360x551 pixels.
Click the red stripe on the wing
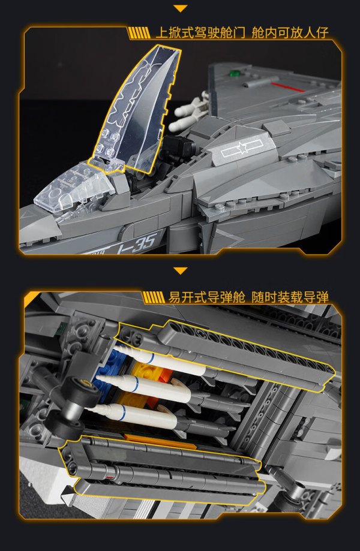point(287,87)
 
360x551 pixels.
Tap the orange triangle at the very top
point(181,8)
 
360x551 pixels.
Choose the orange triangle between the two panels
point(181,270)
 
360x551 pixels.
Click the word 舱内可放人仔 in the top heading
point(290,33)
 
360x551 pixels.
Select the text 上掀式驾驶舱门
point(200,33)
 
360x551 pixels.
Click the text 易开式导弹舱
point(206,297)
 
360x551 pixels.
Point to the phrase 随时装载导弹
point(290,297)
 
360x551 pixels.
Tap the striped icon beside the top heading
point(139,34)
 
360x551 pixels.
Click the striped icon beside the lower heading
point(153,297)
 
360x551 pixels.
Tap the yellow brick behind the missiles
point(148,372)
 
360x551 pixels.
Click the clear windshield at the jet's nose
point(74,188)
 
